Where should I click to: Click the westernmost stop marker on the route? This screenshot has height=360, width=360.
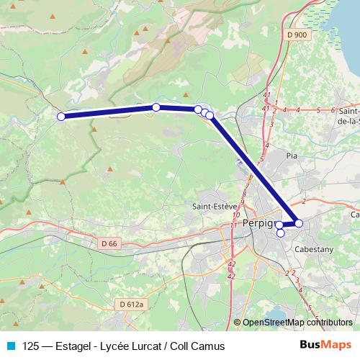[61, 116]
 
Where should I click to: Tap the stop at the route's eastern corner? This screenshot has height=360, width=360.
[299, 223]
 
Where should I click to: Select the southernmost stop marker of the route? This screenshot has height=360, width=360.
[281, 233]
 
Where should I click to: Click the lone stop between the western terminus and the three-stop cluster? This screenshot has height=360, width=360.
[156, 107]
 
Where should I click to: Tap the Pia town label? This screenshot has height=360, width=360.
[292, 155]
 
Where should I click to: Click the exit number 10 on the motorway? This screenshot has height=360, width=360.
[235, 215]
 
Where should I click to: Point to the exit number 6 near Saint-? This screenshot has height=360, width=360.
[333, 110]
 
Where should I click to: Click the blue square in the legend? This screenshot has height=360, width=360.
[11, 346]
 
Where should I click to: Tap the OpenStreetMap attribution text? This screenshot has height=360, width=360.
[296, 323]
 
